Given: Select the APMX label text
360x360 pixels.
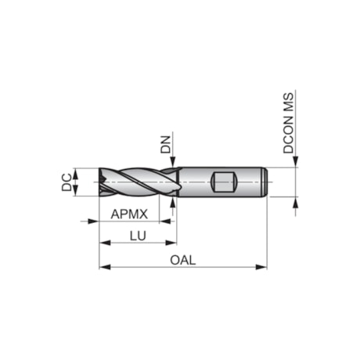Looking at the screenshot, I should (125, 214).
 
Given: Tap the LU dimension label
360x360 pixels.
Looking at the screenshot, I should (135, 235).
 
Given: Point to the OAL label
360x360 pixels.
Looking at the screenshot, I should (182, 260).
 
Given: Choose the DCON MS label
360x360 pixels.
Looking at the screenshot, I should (289, 126).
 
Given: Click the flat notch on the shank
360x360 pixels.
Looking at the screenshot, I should (224, 182).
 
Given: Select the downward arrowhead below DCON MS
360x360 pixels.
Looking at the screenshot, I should (296, 163).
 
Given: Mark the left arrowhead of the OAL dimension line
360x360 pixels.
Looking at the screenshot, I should (103, 268).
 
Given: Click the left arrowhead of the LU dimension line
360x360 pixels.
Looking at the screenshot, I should (103, 243).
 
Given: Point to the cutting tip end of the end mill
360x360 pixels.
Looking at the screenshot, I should (102, 182).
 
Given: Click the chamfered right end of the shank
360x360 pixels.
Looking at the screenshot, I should (267, 182).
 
